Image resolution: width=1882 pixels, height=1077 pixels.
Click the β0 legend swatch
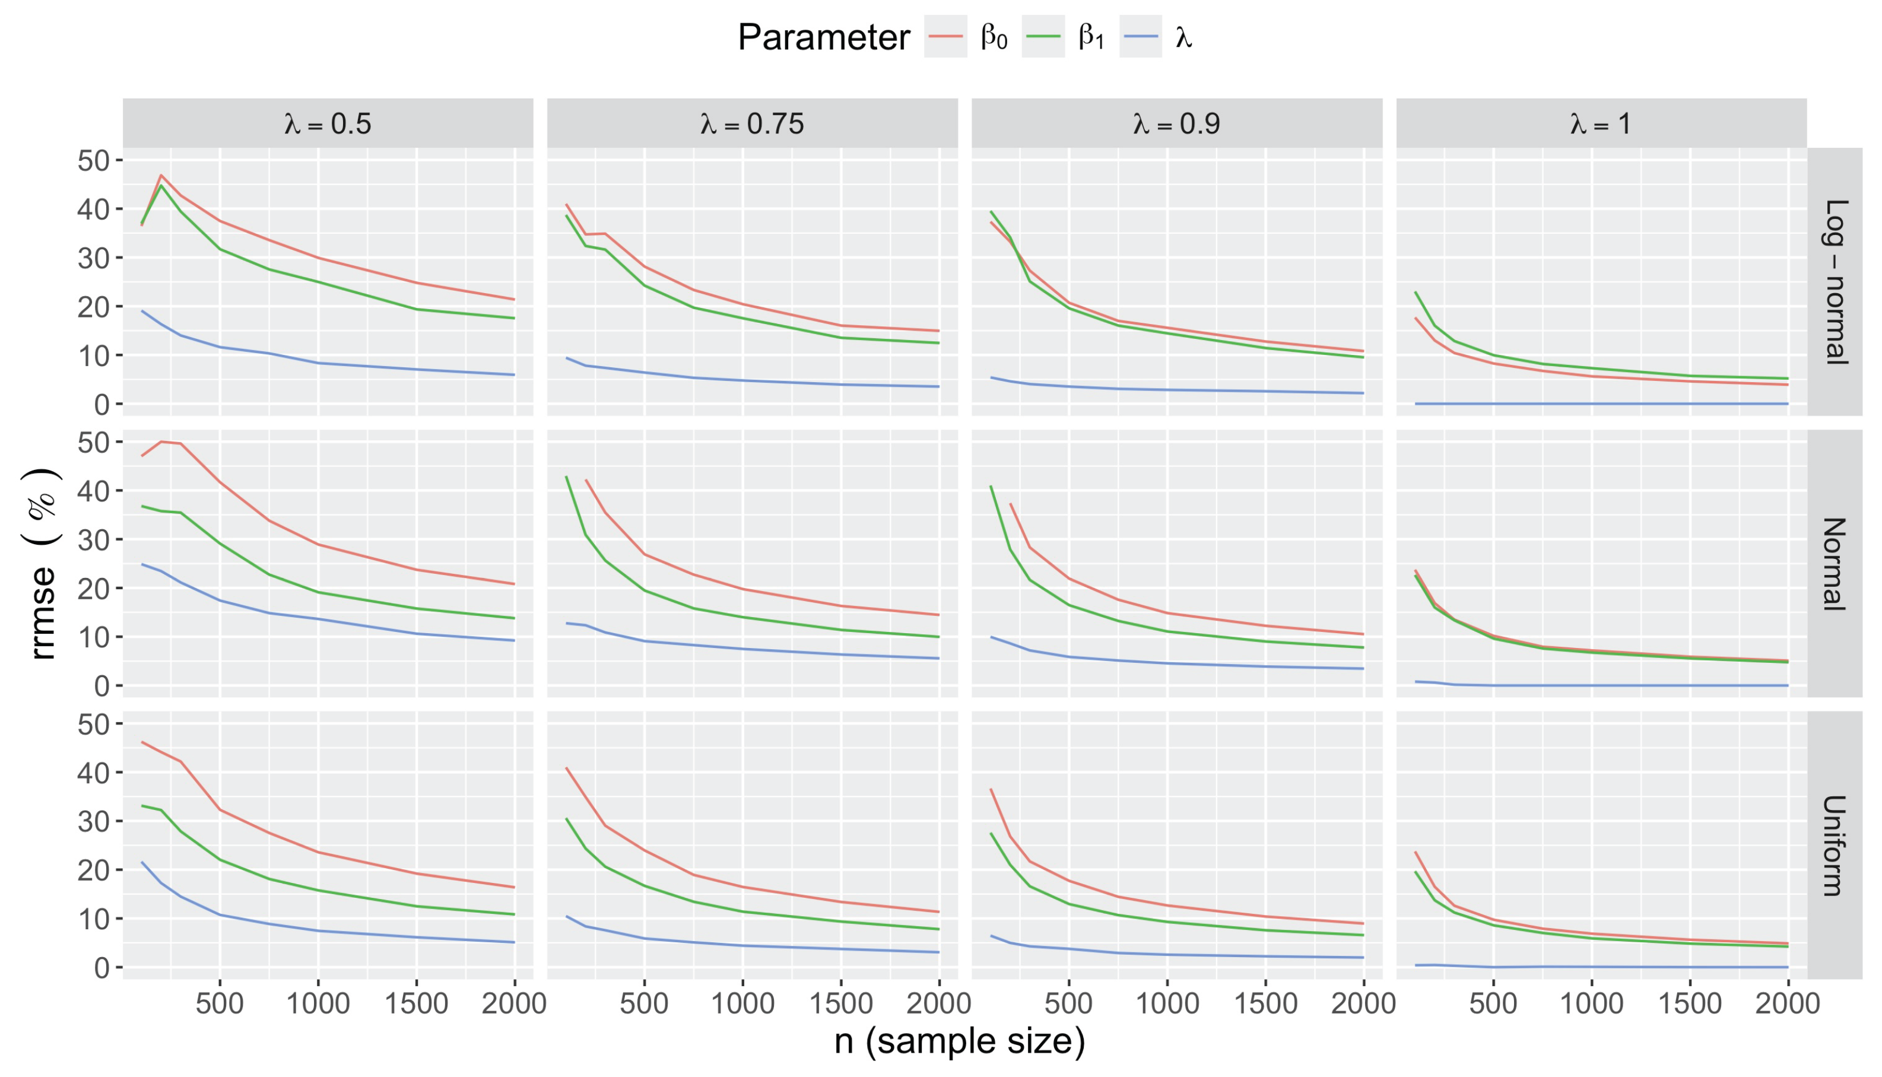(945, 36)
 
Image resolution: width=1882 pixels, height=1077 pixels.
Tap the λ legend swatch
(1140, 36)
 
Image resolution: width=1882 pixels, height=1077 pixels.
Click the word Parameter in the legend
(823, 37)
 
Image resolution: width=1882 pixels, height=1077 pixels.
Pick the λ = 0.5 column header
(328, 123)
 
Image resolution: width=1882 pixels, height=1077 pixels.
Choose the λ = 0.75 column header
(753, 123)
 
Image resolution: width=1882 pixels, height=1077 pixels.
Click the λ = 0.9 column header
(1176, 123)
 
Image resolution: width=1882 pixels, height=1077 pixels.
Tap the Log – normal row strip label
(1835, 282)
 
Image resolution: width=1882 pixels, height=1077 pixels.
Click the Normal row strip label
(1835, 564)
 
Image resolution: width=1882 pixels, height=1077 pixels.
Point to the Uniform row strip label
(1835, 846)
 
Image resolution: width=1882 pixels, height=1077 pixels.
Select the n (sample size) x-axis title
(960, 1041)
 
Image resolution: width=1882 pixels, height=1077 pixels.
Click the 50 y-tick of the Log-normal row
(93, 161)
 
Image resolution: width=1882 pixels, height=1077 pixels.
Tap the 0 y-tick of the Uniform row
(101, 968)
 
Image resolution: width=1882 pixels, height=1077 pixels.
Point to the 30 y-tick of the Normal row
(93, 539)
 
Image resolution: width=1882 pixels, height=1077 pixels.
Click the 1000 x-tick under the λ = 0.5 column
(318, 1004)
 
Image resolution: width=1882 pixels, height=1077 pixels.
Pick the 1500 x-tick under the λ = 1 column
(1690, 1004)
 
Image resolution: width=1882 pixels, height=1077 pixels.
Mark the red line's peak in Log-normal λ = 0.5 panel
(161, 175)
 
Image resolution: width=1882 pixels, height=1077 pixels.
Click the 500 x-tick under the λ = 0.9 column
(1069, 1004)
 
